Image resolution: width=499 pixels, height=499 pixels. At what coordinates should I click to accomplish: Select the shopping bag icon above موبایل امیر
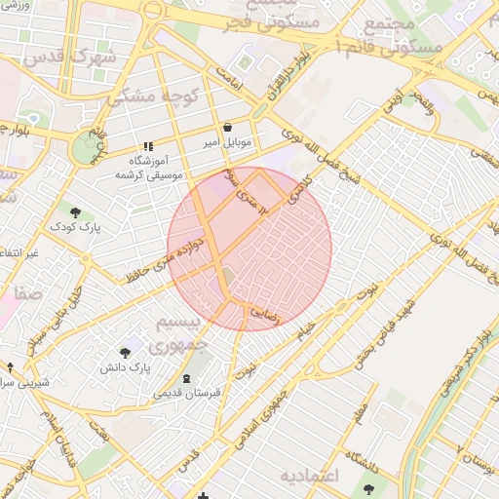click(x=227, y=127)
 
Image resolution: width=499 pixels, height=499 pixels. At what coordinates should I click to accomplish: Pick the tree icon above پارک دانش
click(x=126, y=352)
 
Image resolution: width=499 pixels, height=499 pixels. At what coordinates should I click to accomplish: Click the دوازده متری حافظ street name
click(x=166, y=258)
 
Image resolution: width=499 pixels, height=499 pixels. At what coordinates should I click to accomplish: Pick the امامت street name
click(x=226, y=79)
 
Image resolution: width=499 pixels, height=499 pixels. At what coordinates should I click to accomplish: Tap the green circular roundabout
click(x=91, y=147)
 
